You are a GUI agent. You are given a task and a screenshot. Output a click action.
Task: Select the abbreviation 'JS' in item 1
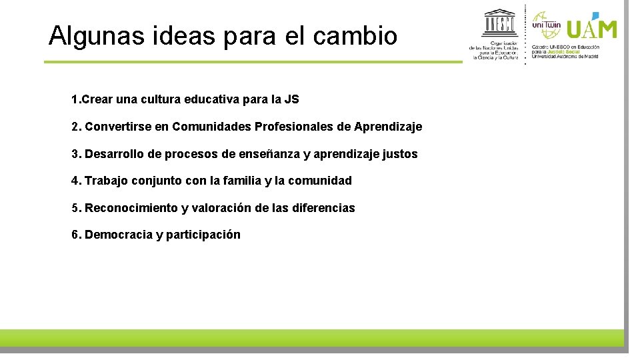[x=291, y=99]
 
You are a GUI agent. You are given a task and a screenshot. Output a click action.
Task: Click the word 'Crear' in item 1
[x=97, y=99]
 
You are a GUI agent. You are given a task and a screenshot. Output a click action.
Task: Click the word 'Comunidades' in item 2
[x=211, y=127]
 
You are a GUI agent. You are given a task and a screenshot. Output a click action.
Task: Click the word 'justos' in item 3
[x=400, y=154]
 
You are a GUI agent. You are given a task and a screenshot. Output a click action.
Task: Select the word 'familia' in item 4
[x=241, y=181]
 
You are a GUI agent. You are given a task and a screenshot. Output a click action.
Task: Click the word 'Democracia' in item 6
[x=119, y=235]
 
